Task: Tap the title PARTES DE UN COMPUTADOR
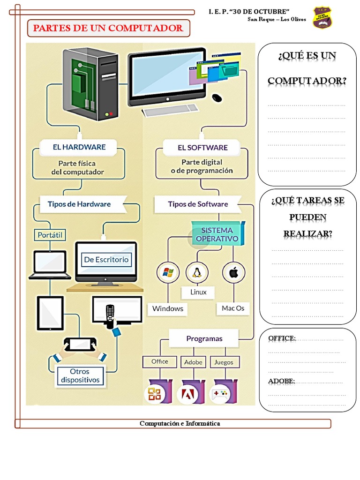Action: pos(108,28)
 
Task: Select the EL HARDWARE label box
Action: pos(79,147)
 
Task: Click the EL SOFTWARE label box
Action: pos(202,147)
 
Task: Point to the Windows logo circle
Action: pos(167,272)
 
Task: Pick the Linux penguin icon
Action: pos(197,272)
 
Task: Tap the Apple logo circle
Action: pos(233,272)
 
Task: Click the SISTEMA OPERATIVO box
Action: pos(217,234)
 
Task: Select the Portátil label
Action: pos(50,234)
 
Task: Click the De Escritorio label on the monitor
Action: pos(106,259)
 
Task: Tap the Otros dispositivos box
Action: pos(80,376)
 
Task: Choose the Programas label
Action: pos(204,338)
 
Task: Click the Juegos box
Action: pos(224,362)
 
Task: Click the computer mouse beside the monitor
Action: pos(217,97)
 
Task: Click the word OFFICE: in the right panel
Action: pos(282,338)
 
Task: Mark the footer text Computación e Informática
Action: pos(180,423)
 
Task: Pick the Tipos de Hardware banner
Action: pos(79,204)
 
